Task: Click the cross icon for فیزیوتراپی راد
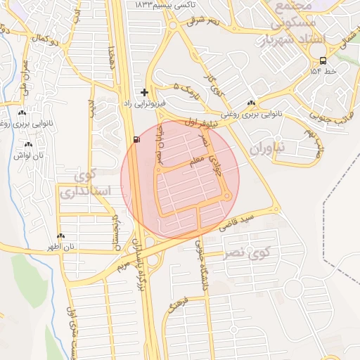144,92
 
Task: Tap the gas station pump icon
135,139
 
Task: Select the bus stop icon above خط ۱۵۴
322,60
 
